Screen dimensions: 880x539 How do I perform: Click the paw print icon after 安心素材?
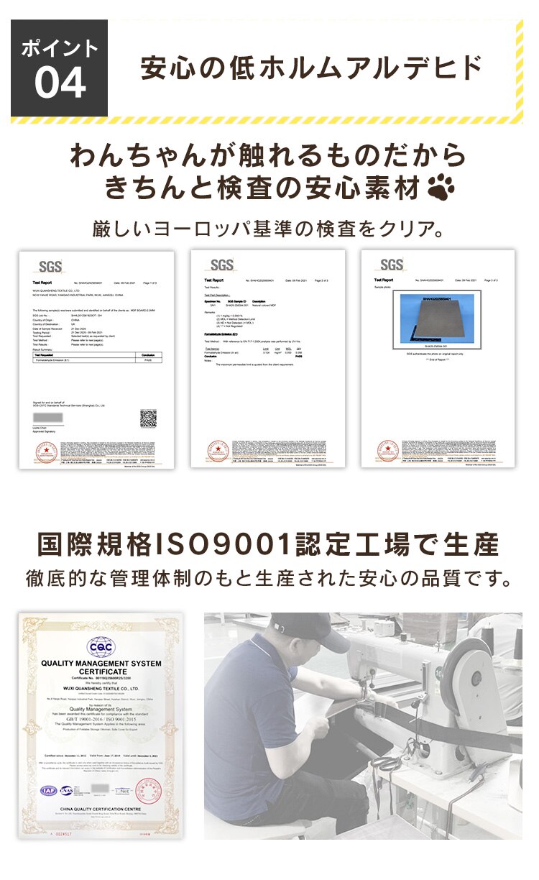coord(441,188)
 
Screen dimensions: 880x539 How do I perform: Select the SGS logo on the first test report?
coord(51,265)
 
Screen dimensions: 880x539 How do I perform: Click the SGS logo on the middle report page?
coord(221,265)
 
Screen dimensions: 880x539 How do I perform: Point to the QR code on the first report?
coord(148,418)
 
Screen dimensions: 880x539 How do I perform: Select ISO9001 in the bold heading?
coord(226,545)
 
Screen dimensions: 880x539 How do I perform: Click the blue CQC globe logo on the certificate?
coord(101,644)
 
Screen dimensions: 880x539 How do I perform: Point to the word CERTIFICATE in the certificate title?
coord(101,670)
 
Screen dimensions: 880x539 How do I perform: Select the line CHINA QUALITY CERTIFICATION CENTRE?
coord(101,811)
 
